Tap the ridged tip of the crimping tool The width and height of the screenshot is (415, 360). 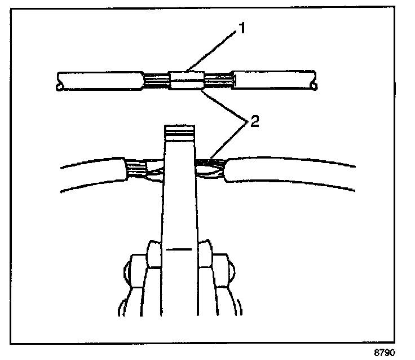pos(179,133)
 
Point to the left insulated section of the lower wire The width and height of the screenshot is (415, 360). pos(93,175)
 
